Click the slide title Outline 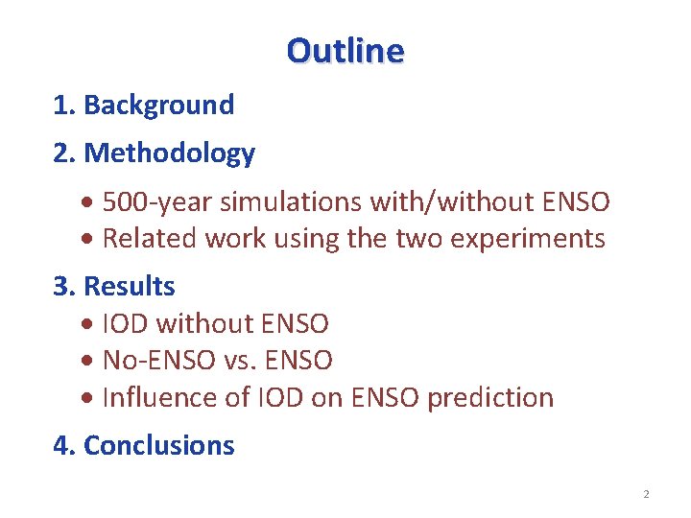(345, 50)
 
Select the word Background (158, 105)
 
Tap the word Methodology (169, 153)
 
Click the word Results (130, 286)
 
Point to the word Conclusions (159, 445)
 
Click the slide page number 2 (646, 494)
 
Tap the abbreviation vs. (242, 361)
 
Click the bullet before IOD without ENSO (88, 325)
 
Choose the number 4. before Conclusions (64, 445)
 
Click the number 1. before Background (64, 105)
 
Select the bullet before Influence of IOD (88, 398)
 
